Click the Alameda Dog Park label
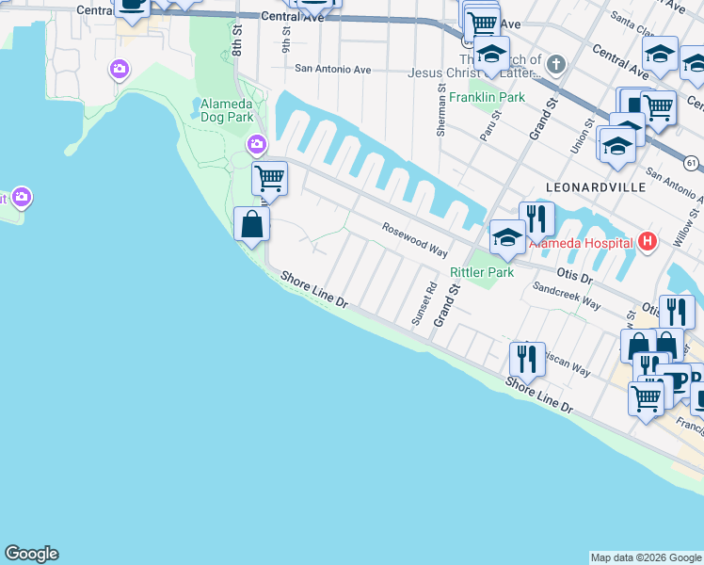click(x=227, y=110)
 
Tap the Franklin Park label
click(x=487, y=97)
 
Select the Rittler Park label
click(x=482, y=272)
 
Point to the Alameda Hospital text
click(x=581, y=243)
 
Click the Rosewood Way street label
click(x=414, y=239)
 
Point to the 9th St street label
click(x=285, y=39)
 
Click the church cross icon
click(x=556, y=65)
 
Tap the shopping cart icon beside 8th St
click(x=269, y=177)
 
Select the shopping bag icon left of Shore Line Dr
click(x=251, y=224)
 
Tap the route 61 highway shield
click(x=692, y=164)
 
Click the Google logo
click(x=31, y=554)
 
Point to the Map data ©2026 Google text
click(x=645, y=557)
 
